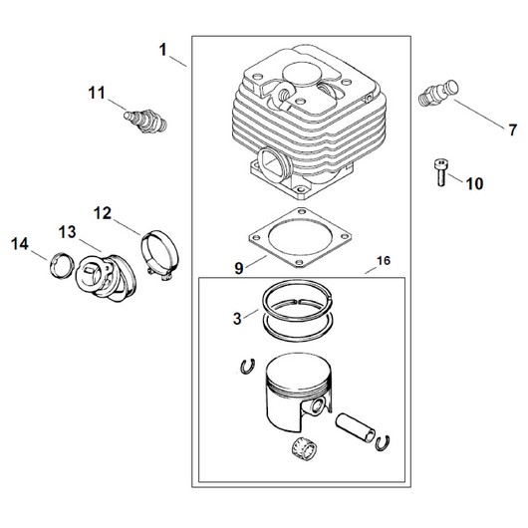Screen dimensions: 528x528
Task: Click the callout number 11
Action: point(97,93)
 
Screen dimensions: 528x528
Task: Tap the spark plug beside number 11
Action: point(145,122)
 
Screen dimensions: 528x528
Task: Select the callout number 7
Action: point(512,130)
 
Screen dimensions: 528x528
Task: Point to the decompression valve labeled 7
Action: point(438,93)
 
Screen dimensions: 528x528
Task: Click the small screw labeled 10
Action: point(440,172)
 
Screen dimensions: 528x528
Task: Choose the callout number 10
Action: point(474,183)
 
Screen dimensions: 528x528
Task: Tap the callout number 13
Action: point(68,232)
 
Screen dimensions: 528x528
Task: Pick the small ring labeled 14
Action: point(62,265)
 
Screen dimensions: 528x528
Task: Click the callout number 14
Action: point(20,243)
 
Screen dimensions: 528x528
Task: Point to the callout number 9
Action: point(238,268)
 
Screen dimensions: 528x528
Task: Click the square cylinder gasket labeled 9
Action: point(300,237)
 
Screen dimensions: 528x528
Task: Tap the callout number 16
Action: point(384,260)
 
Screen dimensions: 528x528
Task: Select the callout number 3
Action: point(237,319)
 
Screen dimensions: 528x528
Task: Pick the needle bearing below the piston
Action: point(304,451)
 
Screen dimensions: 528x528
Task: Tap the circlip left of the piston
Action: point(247,367)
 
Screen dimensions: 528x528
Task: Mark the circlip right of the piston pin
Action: point(383,443)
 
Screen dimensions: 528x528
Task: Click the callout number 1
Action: point(163,50)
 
